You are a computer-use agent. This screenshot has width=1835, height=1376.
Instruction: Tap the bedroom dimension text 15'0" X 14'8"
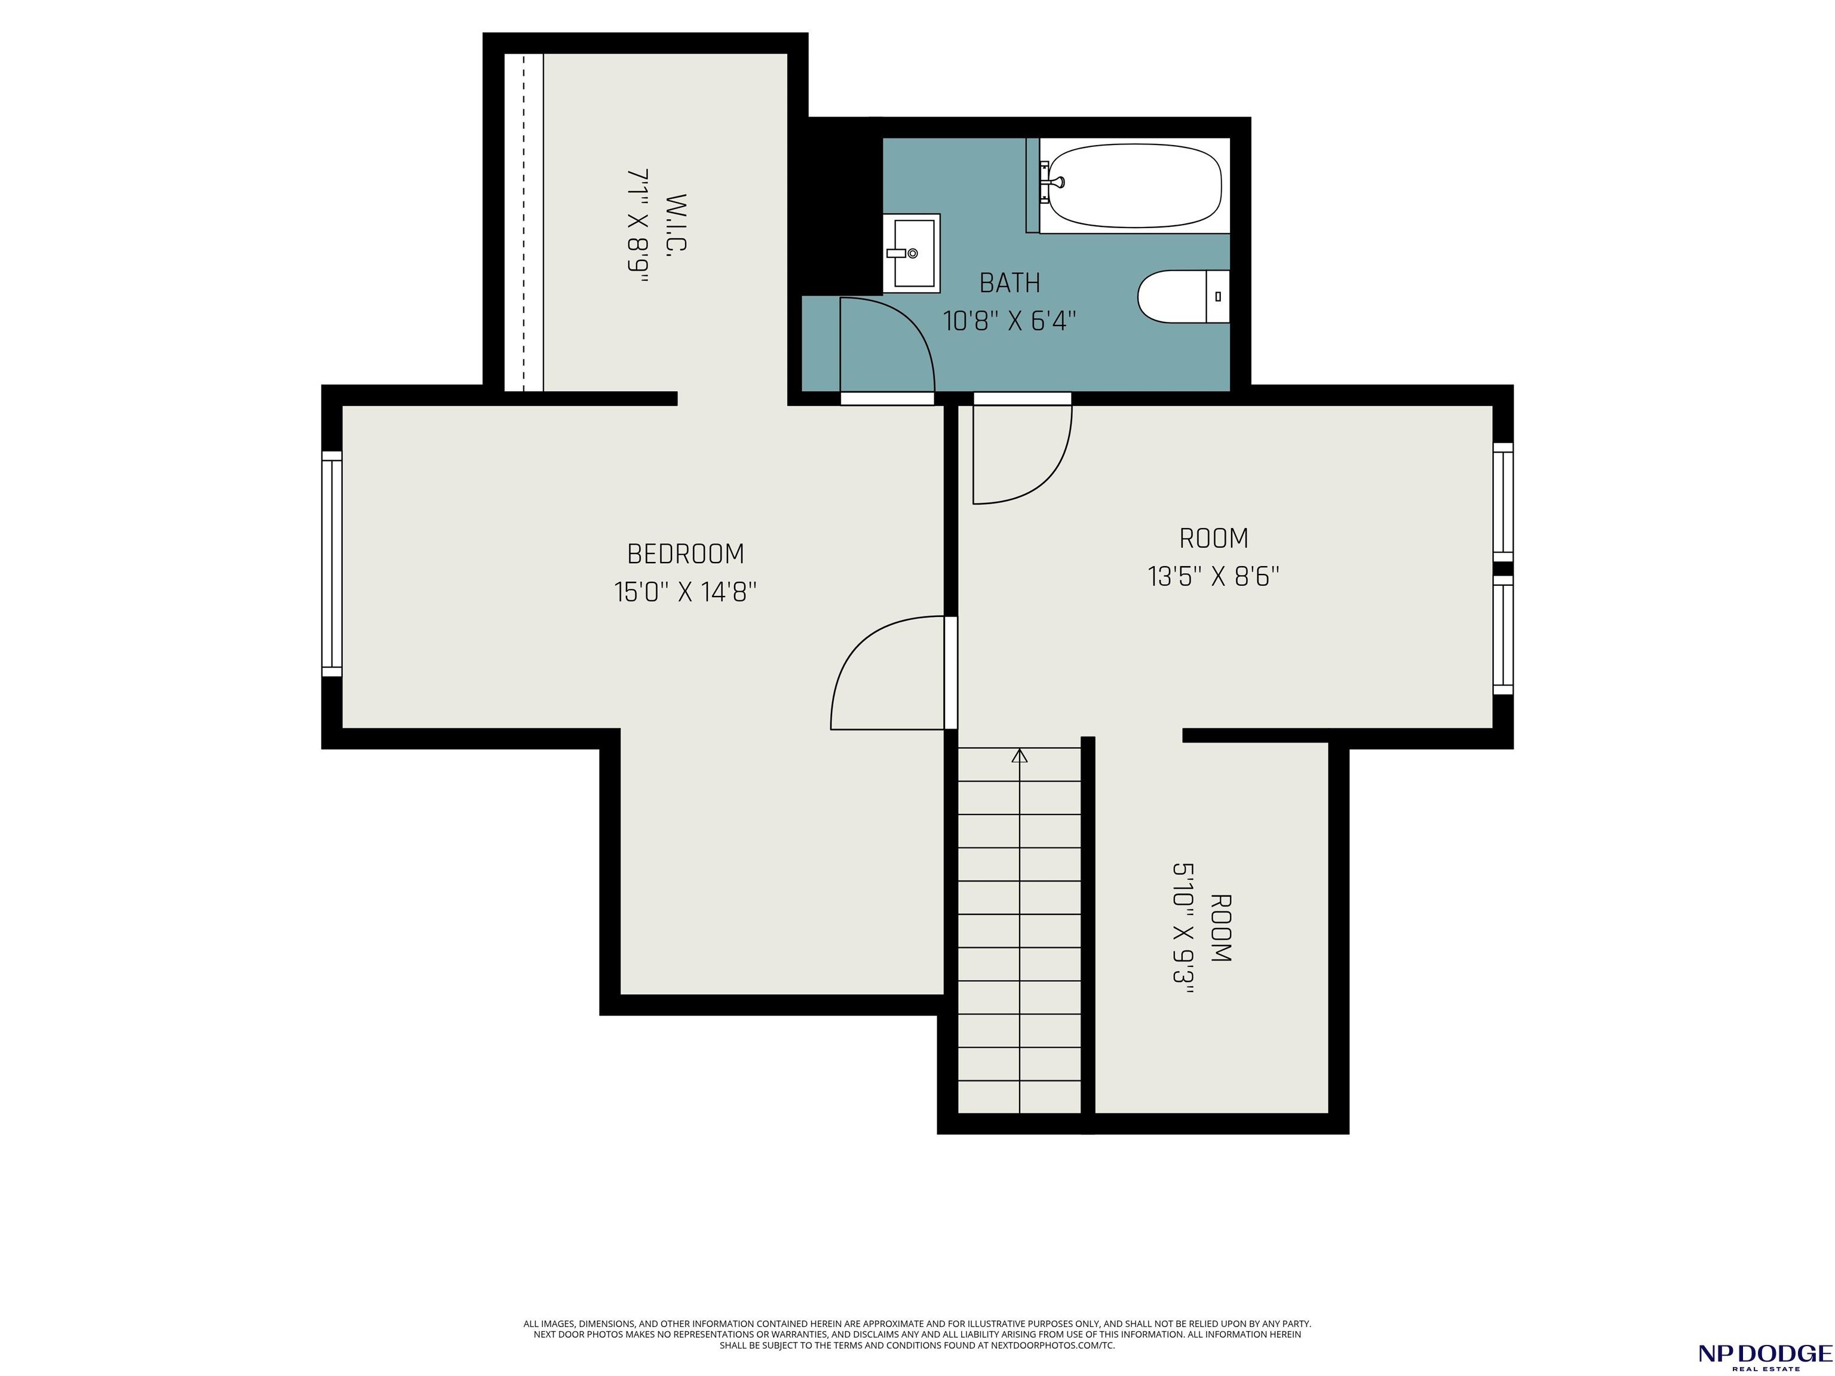pyautogui.click(x=685, y=592)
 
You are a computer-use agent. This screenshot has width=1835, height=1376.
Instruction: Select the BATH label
pyautogui.click(x=1009, y=283)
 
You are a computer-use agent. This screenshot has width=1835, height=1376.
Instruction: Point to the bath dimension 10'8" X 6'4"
pyautogui.click(x=1009, y=321)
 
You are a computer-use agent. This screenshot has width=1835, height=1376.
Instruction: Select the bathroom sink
pyautogui.click(x=911, y=253)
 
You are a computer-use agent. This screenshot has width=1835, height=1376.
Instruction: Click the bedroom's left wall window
pyautogui.click(x=332, y=564)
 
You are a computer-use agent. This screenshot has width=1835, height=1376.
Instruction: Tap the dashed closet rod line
pyautogui.click(x=524, y=222)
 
